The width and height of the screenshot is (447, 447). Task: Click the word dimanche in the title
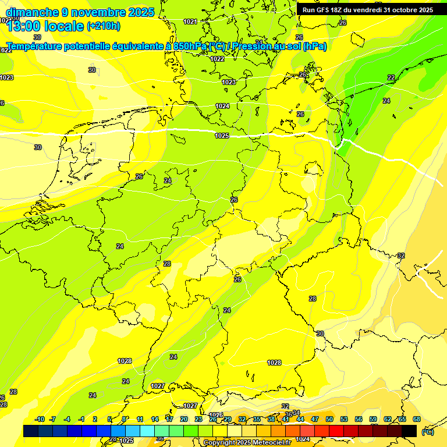pyautogui.click(x=32, y=12)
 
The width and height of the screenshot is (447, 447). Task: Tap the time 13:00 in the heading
pyautogui.click(x=27, y=26)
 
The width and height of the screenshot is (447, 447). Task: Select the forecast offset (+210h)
pyautogui.click(x=104, y=26)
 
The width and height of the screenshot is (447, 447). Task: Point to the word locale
pyautogui.click(x=66, y=26)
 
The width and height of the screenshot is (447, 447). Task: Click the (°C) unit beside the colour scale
pyautogui.click(x=428, y=432)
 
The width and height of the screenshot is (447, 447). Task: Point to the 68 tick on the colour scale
pyautogui.click(x=417, y=419)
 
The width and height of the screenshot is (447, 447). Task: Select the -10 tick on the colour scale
pyautogui.click(x=40, y=419)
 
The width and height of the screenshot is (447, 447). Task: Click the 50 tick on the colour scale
pyautogui.click(x=329, y=419)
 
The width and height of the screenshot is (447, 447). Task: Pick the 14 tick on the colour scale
pyautogui.click(x=155, y=419)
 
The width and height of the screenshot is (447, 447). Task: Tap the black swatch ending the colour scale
pyautogui.click(x=409, y=431)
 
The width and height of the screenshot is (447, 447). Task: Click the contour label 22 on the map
pyautogui.click(x=391, y=77)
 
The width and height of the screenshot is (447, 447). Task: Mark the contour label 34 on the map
pyautogui.click(x=296, y=413)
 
